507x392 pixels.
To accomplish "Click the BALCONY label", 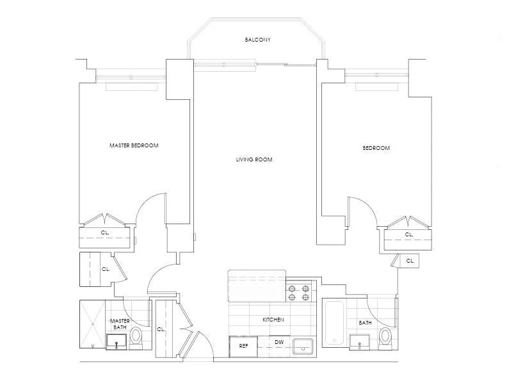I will pos(257,40).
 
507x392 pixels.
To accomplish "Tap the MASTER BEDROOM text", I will pos(134,145).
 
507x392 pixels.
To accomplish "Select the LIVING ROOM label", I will pos(254,159).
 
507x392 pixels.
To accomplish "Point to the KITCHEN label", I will pos(273,320).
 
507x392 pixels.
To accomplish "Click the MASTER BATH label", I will pos(120,324).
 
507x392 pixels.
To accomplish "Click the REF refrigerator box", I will pos(243,346).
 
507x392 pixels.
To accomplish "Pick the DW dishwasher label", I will pos(278,343).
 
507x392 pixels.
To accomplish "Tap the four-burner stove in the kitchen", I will pos(299,293).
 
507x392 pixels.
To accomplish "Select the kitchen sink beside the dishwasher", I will pos(302,347).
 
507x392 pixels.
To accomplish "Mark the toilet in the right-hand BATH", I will pos(385,336).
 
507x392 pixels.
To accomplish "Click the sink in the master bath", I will pos(117,345).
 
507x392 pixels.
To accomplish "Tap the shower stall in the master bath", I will pos(93,324).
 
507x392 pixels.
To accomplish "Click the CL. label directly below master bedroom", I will pos(105,233).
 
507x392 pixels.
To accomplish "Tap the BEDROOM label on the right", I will pos(376,148).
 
